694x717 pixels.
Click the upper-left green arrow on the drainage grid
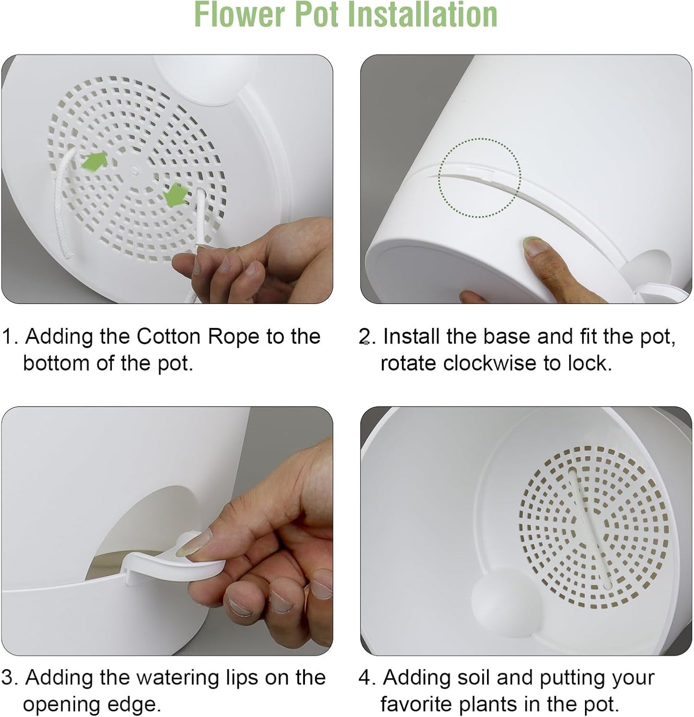[x=95, y=161]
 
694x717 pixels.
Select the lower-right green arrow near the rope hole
[x=175, y=196]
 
